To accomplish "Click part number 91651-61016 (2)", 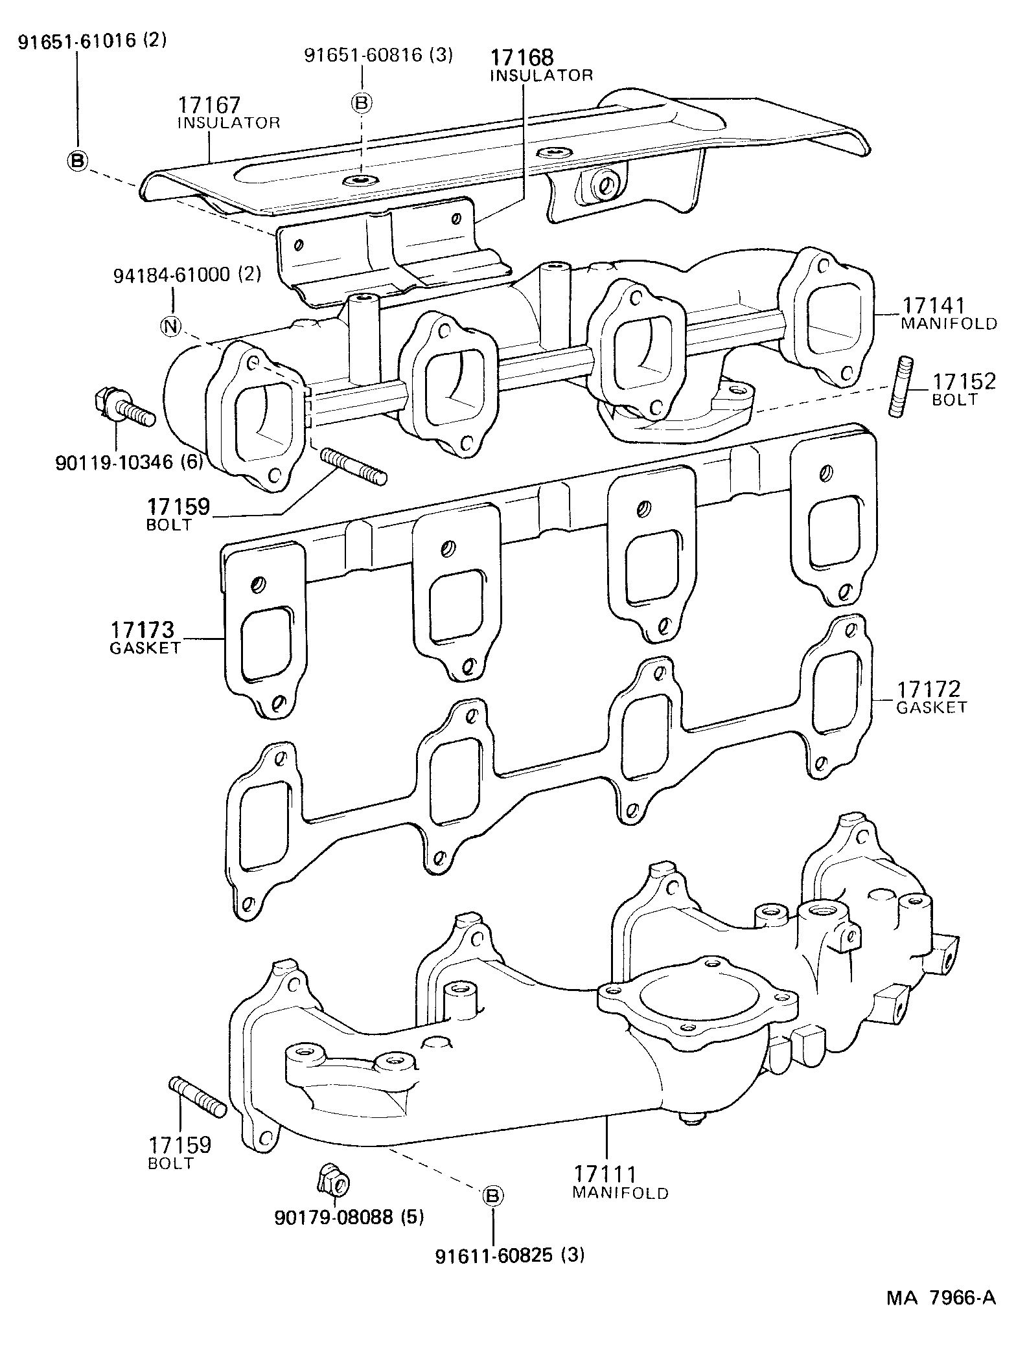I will (x=92, y=41).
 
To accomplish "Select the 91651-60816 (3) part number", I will (x=378, y=55).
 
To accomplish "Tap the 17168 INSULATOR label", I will (x=540, y=66).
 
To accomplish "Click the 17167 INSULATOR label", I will (x=228, y=113).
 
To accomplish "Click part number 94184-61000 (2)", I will (x=187, y=275).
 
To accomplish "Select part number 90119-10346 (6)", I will (x=129, y=462).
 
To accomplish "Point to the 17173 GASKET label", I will (x=144, y=638).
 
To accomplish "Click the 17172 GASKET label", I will (x=931, y=698).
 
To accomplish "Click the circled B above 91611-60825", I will (x=492, y=1196).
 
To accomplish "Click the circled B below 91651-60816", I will (x=363, y=102).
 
